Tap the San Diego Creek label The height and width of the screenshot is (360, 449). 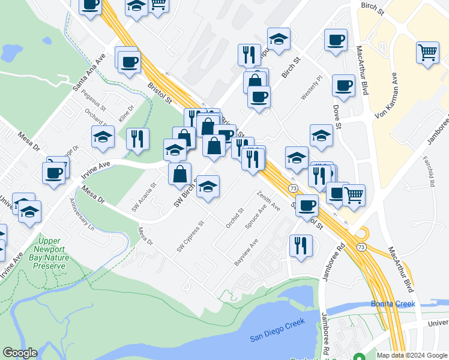click(x=277, y=331)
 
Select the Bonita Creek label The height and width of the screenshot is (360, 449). click(x=393, y=304)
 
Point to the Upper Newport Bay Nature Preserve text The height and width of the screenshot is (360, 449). click(x=43, y=253)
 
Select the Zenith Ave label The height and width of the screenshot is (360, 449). click(x=268, y=201)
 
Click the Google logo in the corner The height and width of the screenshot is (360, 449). click(x=20, y=353)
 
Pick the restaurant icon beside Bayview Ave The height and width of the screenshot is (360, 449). click(x=300, y=245)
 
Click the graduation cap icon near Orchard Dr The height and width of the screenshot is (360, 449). click(x=103, y=137)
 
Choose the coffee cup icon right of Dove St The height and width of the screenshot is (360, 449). click(x=343, y=86)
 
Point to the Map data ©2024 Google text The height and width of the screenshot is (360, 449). click(x=412, y=355)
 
